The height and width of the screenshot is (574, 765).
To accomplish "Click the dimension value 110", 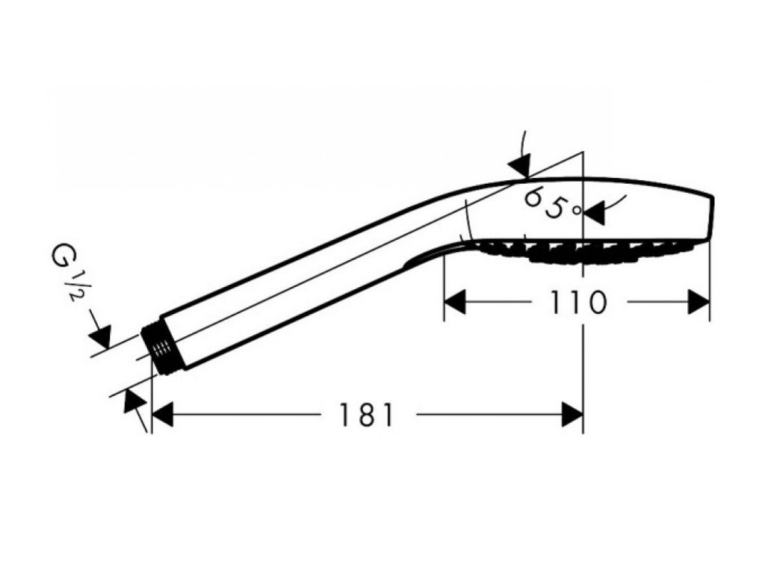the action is point(577,302).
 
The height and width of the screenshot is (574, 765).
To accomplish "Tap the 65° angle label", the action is point(551,203).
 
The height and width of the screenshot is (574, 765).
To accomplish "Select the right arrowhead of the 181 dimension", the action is point(572,414).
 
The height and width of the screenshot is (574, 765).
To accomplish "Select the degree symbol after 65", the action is point(576,211).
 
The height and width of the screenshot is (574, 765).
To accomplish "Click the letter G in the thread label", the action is point(63,258).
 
